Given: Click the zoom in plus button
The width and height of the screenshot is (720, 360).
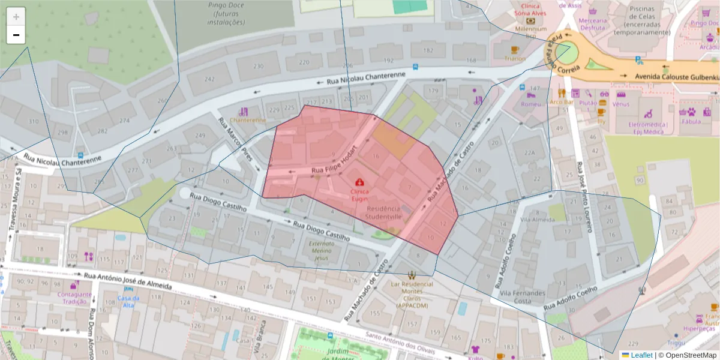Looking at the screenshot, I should (16, 17).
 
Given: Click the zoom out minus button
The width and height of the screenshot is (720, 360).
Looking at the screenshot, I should (16, 35).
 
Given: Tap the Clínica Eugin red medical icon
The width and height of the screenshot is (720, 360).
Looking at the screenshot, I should (359, 181).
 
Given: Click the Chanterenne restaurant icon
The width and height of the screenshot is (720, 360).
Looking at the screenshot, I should (243, 112).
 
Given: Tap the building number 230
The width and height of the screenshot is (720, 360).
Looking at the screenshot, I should (258, 66).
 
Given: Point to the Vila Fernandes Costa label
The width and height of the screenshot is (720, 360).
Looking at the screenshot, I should (523, 296).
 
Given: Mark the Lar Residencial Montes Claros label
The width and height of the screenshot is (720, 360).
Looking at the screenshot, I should (412, 295).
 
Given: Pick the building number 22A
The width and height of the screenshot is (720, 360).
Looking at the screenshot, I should (529, 153).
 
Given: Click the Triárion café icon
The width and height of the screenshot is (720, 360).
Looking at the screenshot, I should (514, 50).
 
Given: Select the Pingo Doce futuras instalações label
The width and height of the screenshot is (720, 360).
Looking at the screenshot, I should (226, 14).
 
